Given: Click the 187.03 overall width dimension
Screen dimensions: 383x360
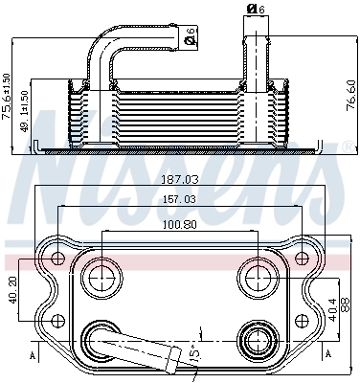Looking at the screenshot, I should [180, 179].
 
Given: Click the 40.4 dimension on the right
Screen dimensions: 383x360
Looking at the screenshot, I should [332, 308].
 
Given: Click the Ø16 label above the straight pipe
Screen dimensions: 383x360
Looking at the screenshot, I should [255, 9].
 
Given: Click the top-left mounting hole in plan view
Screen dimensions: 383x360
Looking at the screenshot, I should [59, 259].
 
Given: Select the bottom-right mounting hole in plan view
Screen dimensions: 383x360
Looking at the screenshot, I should [303, 318].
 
